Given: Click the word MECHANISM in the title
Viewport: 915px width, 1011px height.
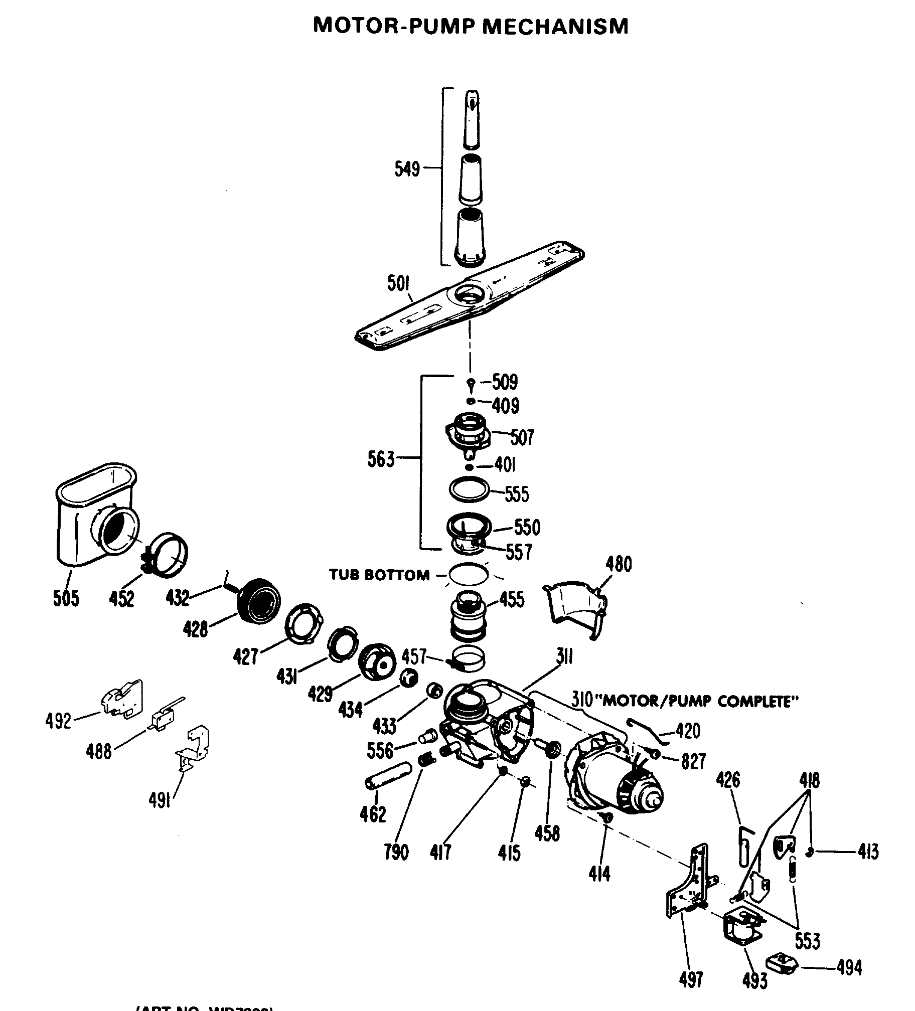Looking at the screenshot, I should tap(555, 26).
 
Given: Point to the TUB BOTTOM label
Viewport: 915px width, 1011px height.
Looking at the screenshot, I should tap(379, 575).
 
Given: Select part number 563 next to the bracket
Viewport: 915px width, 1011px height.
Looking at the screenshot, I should tap(381, 459).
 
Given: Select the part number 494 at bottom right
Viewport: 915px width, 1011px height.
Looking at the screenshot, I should tap(849, 968).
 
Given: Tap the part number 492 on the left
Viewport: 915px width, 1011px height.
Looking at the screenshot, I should tap(58, 721).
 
